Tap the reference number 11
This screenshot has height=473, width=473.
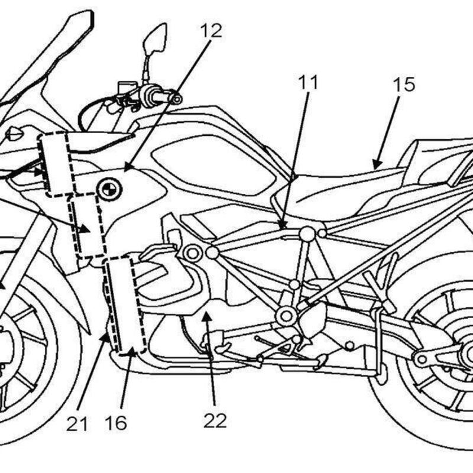307,82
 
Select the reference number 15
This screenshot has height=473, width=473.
404,85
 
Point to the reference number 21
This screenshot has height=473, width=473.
77,423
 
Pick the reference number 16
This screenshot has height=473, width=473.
116,423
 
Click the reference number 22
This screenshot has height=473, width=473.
215,420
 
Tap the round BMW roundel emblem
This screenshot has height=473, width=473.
108,189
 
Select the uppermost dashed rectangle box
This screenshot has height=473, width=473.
54,164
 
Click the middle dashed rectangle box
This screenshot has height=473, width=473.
86,225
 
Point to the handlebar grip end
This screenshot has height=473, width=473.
176,99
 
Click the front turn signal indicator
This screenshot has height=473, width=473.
13,134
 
